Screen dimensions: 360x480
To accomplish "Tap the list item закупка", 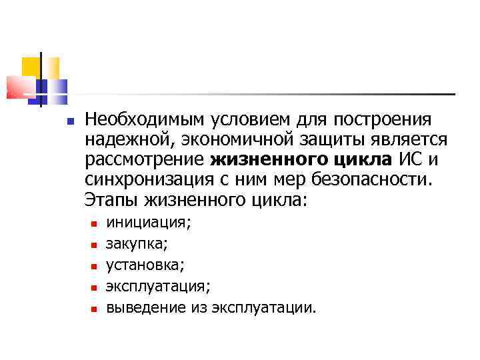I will point(137,244).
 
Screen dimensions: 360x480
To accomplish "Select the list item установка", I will point(146,265).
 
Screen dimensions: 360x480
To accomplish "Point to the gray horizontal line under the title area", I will point(267,93).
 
